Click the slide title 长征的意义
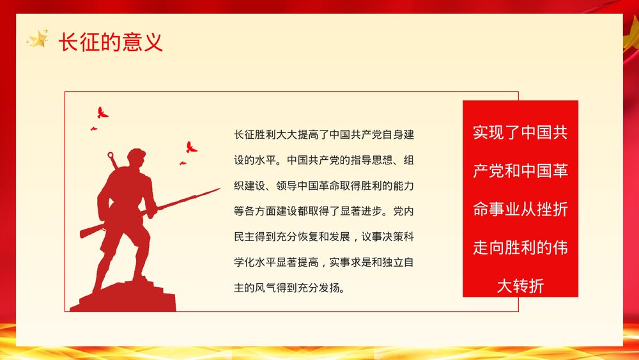[111, 42]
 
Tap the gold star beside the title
[38, 40]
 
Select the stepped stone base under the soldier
[125, 298]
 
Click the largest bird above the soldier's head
[102, 113]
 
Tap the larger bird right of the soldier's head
[190, 147]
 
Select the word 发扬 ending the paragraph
[333, 287]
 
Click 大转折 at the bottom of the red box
[520, 285]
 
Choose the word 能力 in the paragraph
[404, 185]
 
